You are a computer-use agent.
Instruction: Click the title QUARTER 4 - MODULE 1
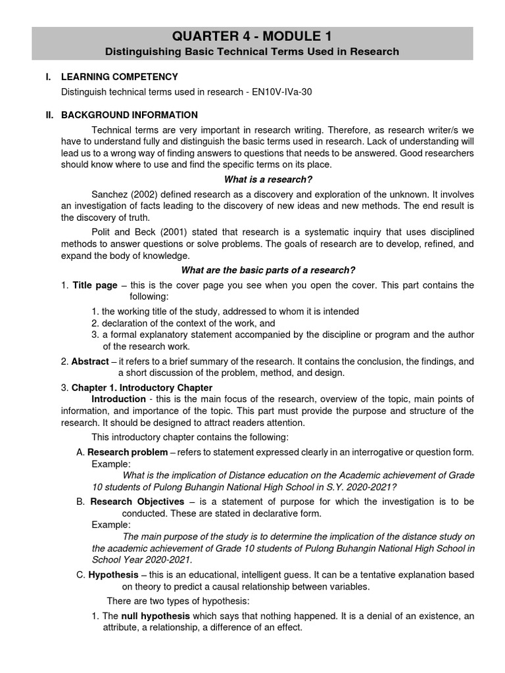pos(252,35)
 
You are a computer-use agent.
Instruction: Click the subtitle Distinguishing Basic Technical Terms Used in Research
pos(252,51)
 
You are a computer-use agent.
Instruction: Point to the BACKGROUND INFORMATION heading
pos(130,115)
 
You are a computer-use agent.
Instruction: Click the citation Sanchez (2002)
pos(122,195)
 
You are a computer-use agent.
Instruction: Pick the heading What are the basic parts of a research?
pos(268,270)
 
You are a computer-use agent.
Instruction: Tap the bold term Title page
pos(95,285)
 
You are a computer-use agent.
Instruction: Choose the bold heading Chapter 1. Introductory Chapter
pos(142,388)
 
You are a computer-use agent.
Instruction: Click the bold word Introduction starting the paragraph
pos(118,399)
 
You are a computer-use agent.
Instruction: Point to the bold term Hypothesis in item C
pos(113,574)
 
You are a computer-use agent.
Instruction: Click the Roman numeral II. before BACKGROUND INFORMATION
pos(49,115)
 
